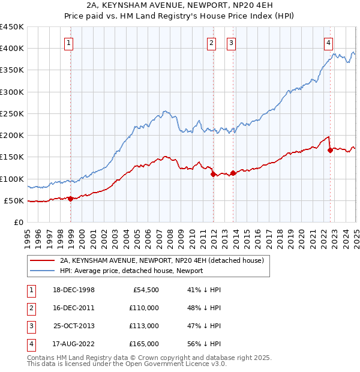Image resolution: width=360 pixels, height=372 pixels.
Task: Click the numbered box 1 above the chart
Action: coord(70,43)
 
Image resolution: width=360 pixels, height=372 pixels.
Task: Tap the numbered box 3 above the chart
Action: coord(232,43)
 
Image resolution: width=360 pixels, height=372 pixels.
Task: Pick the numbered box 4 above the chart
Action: coord(329,43)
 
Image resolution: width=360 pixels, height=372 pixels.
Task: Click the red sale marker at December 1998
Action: coord(70,199)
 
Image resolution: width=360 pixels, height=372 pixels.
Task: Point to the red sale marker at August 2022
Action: coord(330,151)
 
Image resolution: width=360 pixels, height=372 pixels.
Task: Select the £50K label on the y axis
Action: coord(14,200)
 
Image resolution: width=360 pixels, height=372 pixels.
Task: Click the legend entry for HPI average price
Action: coord(131,271)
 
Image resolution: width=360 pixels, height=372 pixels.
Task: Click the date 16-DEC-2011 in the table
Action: coord(73,308)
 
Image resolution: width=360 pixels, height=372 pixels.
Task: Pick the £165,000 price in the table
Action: coord(144,344)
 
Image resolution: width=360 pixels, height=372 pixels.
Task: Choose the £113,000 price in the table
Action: coord(144,326)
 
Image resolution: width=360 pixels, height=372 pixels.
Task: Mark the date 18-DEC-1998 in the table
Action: coord(73,290)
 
